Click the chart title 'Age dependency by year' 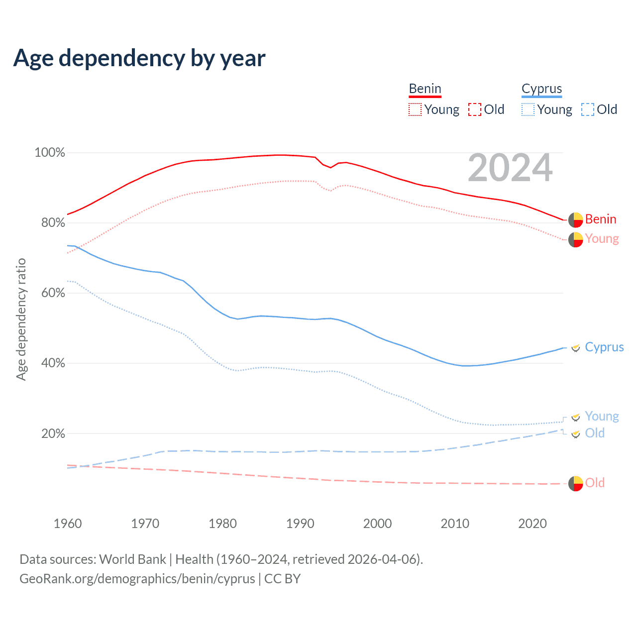click(x=139, y=58)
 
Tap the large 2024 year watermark click(x=510, y=168)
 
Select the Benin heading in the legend click(x=425, y=89)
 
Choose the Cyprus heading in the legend click(x=541, y=89)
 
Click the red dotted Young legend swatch click(x=415, y=109)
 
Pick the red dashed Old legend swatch click(x=475, y=109)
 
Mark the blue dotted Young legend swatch click(x=528, y=109)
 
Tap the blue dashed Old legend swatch click(x=588, y=109)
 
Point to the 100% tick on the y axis click(x=50, y=153)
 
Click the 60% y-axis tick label click(x=53, y=293)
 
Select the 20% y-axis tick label click(x=53, y=433)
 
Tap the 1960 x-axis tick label click(x=68, y=524)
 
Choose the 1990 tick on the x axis click(x=300, y=524)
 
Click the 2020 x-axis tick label click(x=532, y=524)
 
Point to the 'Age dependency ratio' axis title click(x=21, y=319)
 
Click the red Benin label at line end click(x=601, y=219)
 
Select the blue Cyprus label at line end click(x=604, y=347)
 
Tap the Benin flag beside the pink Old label click(x=576, y=483)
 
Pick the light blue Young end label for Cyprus click(x=602, y=416)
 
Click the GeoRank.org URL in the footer click(x=137, y=579)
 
